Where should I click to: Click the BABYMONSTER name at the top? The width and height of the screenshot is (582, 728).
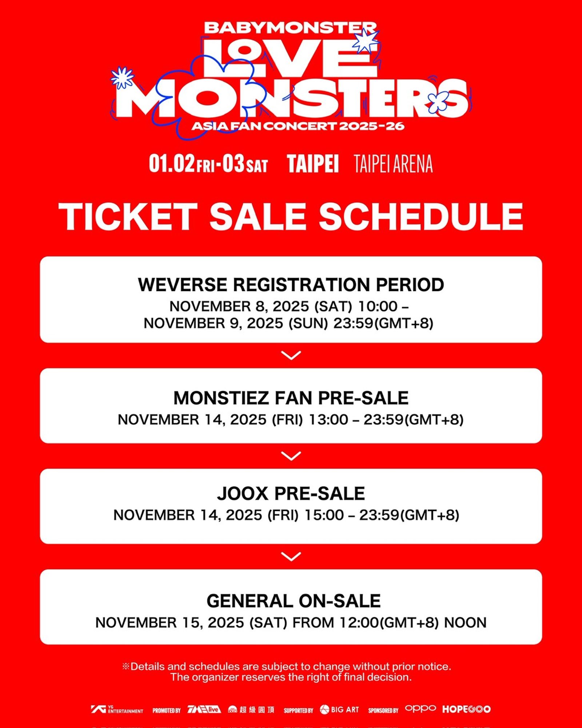[x=290, y=28]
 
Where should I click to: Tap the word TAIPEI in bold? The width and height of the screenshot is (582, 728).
[x=313, y=164]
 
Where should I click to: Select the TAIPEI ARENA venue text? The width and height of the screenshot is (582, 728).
[x=393, y=164]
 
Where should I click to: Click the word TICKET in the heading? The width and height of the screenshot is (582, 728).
[x=128, y=217]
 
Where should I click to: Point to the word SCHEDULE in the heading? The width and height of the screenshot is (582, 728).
[x=421, y=217]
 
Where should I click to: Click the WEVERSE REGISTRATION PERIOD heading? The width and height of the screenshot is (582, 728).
[x=291, y=285]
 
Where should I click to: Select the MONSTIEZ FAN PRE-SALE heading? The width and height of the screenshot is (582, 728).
[x=291, y=398]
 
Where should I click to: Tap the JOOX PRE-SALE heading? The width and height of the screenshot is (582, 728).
[x=291, y=494]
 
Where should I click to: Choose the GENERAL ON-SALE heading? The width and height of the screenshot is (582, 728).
[x=294, y=601]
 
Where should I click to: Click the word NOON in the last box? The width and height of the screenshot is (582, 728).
[x=465, y=623]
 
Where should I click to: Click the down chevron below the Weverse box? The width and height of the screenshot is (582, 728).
[x=291, y=355]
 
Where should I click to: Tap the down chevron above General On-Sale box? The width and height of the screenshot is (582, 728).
[x=291, y=557]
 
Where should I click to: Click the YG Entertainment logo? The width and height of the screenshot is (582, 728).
[x=117, y=709]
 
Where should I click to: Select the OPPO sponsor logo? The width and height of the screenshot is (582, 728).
[x=420, y=708]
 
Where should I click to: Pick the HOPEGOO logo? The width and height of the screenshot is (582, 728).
[x=466, y=709]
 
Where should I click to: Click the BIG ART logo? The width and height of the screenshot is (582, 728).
[x=339, y=709]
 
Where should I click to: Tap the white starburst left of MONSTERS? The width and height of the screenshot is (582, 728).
[x=122, y=78]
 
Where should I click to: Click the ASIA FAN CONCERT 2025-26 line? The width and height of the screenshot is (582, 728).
[x=298, y=126]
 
